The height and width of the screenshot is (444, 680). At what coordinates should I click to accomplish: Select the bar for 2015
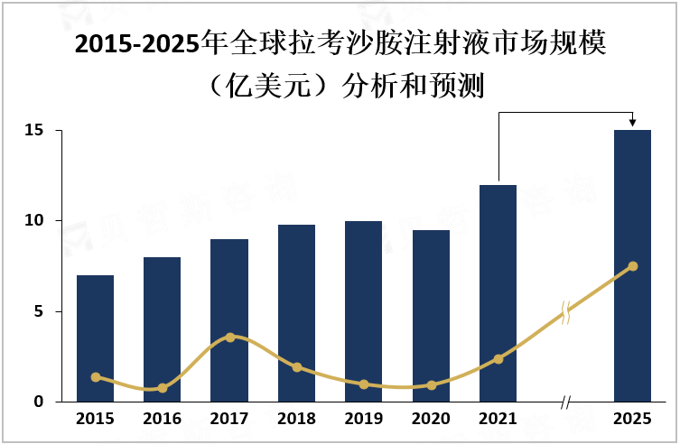[x=95, y=338]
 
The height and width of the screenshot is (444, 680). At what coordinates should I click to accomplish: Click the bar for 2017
[x=229, y=320]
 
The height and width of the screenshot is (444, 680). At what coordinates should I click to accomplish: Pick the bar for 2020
[x=431, y=316]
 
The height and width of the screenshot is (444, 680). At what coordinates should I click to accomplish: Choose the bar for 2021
[x=498, y=293]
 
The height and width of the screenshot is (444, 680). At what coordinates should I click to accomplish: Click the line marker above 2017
[x=229, y=337]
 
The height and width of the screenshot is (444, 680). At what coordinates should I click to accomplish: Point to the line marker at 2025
[x=632, y=266]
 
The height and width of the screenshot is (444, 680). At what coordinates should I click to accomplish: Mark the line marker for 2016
[x=163, y=388]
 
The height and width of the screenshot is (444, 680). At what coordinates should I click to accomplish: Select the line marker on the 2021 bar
[x=498, y=359]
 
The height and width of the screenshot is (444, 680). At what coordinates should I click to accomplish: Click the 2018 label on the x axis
[x=296, y=419]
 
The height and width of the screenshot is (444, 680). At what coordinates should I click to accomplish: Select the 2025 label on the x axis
[x=632, y=419]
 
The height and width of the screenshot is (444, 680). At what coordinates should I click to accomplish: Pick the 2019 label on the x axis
[x=364, y=419]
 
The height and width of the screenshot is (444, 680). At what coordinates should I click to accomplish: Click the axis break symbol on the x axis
[x=565, y=402]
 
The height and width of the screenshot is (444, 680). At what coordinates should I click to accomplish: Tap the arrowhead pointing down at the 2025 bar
[x=632, y=123]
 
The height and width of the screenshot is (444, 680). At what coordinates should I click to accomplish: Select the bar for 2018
[x=296, y=313]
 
